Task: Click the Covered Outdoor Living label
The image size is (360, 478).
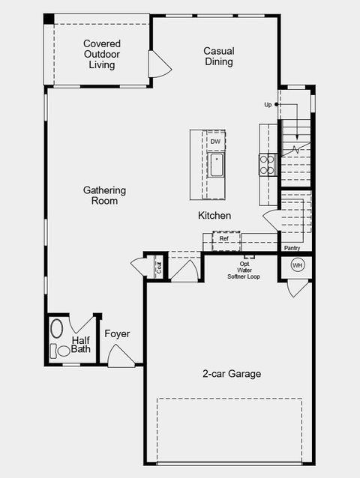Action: (x=101, y=55)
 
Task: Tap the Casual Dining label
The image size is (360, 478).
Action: (x=218, y=56)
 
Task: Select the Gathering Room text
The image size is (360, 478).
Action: (x=104, y=196)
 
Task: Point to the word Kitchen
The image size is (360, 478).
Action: (x=214, y=216)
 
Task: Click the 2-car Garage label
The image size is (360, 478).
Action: (x=232, y=373)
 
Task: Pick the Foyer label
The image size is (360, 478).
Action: (x=118, y=333)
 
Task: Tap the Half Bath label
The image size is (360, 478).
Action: (x=81, y=345)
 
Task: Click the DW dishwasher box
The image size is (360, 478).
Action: (x=215, y=142)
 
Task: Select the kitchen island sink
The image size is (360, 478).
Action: (x=216, y=165)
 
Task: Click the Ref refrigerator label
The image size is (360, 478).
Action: (x=223, y=239)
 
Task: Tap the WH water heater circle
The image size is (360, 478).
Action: (x=297, y=265)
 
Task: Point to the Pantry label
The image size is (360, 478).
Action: (x=292, y=247)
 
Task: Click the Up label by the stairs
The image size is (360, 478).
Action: (x=268, y=105)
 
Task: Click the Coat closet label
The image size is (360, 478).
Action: (x=159, y=266)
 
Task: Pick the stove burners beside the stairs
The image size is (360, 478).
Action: (x=268, y=164)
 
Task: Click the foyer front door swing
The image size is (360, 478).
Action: (x=120, y=357)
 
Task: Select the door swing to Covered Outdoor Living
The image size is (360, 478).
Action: (x=158, y=64)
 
